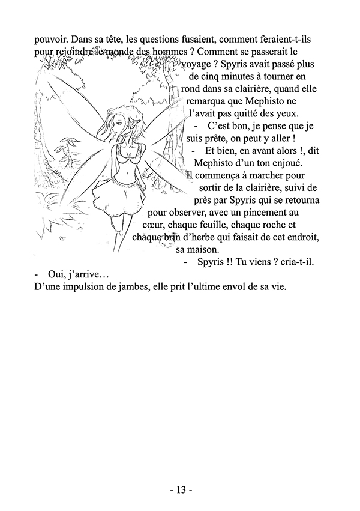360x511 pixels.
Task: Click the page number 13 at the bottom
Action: [x=180, y=489]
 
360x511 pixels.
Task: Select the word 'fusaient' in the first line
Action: [x=189, y=39]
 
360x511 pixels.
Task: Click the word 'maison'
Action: [x=204, y=250]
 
